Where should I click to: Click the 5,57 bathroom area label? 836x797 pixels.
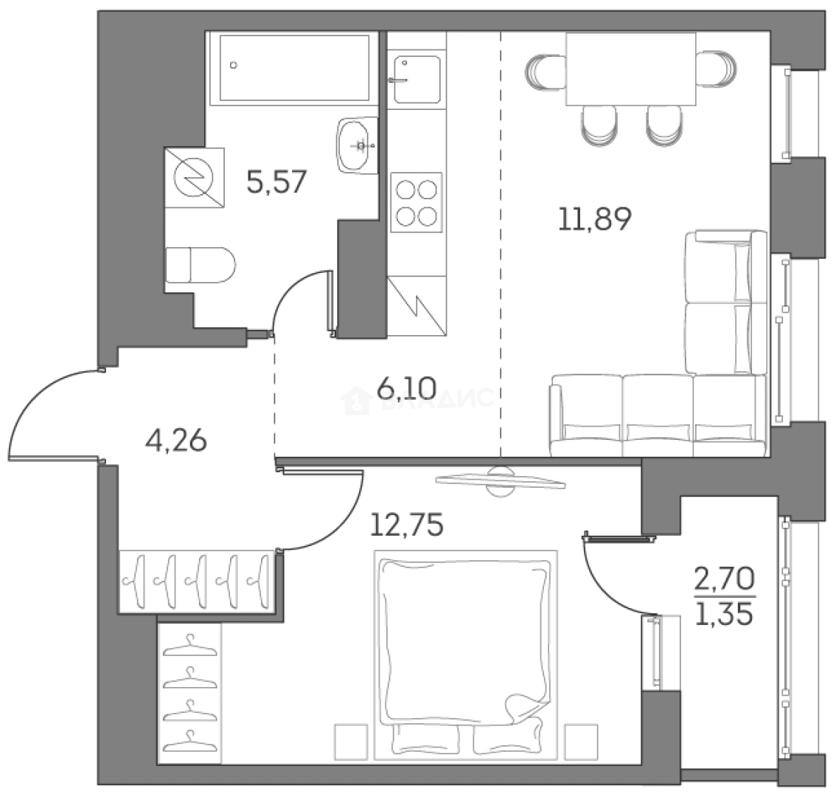[276, 181]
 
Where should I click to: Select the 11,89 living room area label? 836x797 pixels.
[595, 219]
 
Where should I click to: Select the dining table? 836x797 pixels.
[630, 69]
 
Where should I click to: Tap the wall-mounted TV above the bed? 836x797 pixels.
[501, 480]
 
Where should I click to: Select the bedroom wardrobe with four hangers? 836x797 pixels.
[189, 692]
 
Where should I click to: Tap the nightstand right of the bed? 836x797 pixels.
[580, 739]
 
